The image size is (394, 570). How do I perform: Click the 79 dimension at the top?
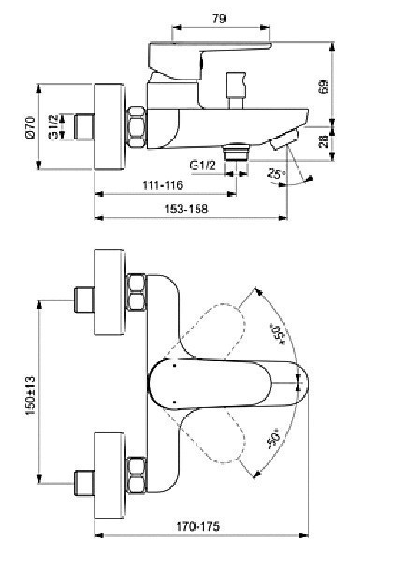click(219, 19)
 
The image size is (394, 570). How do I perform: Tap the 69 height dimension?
click(324, 86)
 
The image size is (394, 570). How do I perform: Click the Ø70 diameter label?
click(31, 127)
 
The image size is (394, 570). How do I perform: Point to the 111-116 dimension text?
click(163, 185)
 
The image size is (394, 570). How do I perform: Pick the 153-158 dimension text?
click(186, 209)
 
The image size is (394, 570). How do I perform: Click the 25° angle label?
click(276, 173)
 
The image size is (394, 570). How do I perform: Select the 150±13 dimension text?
click(31, 396)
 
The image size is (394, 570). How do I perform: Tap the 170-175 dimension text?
click(198, 526)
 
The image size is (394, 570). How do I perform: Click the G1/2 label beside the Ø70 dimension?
click(53, 127)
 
